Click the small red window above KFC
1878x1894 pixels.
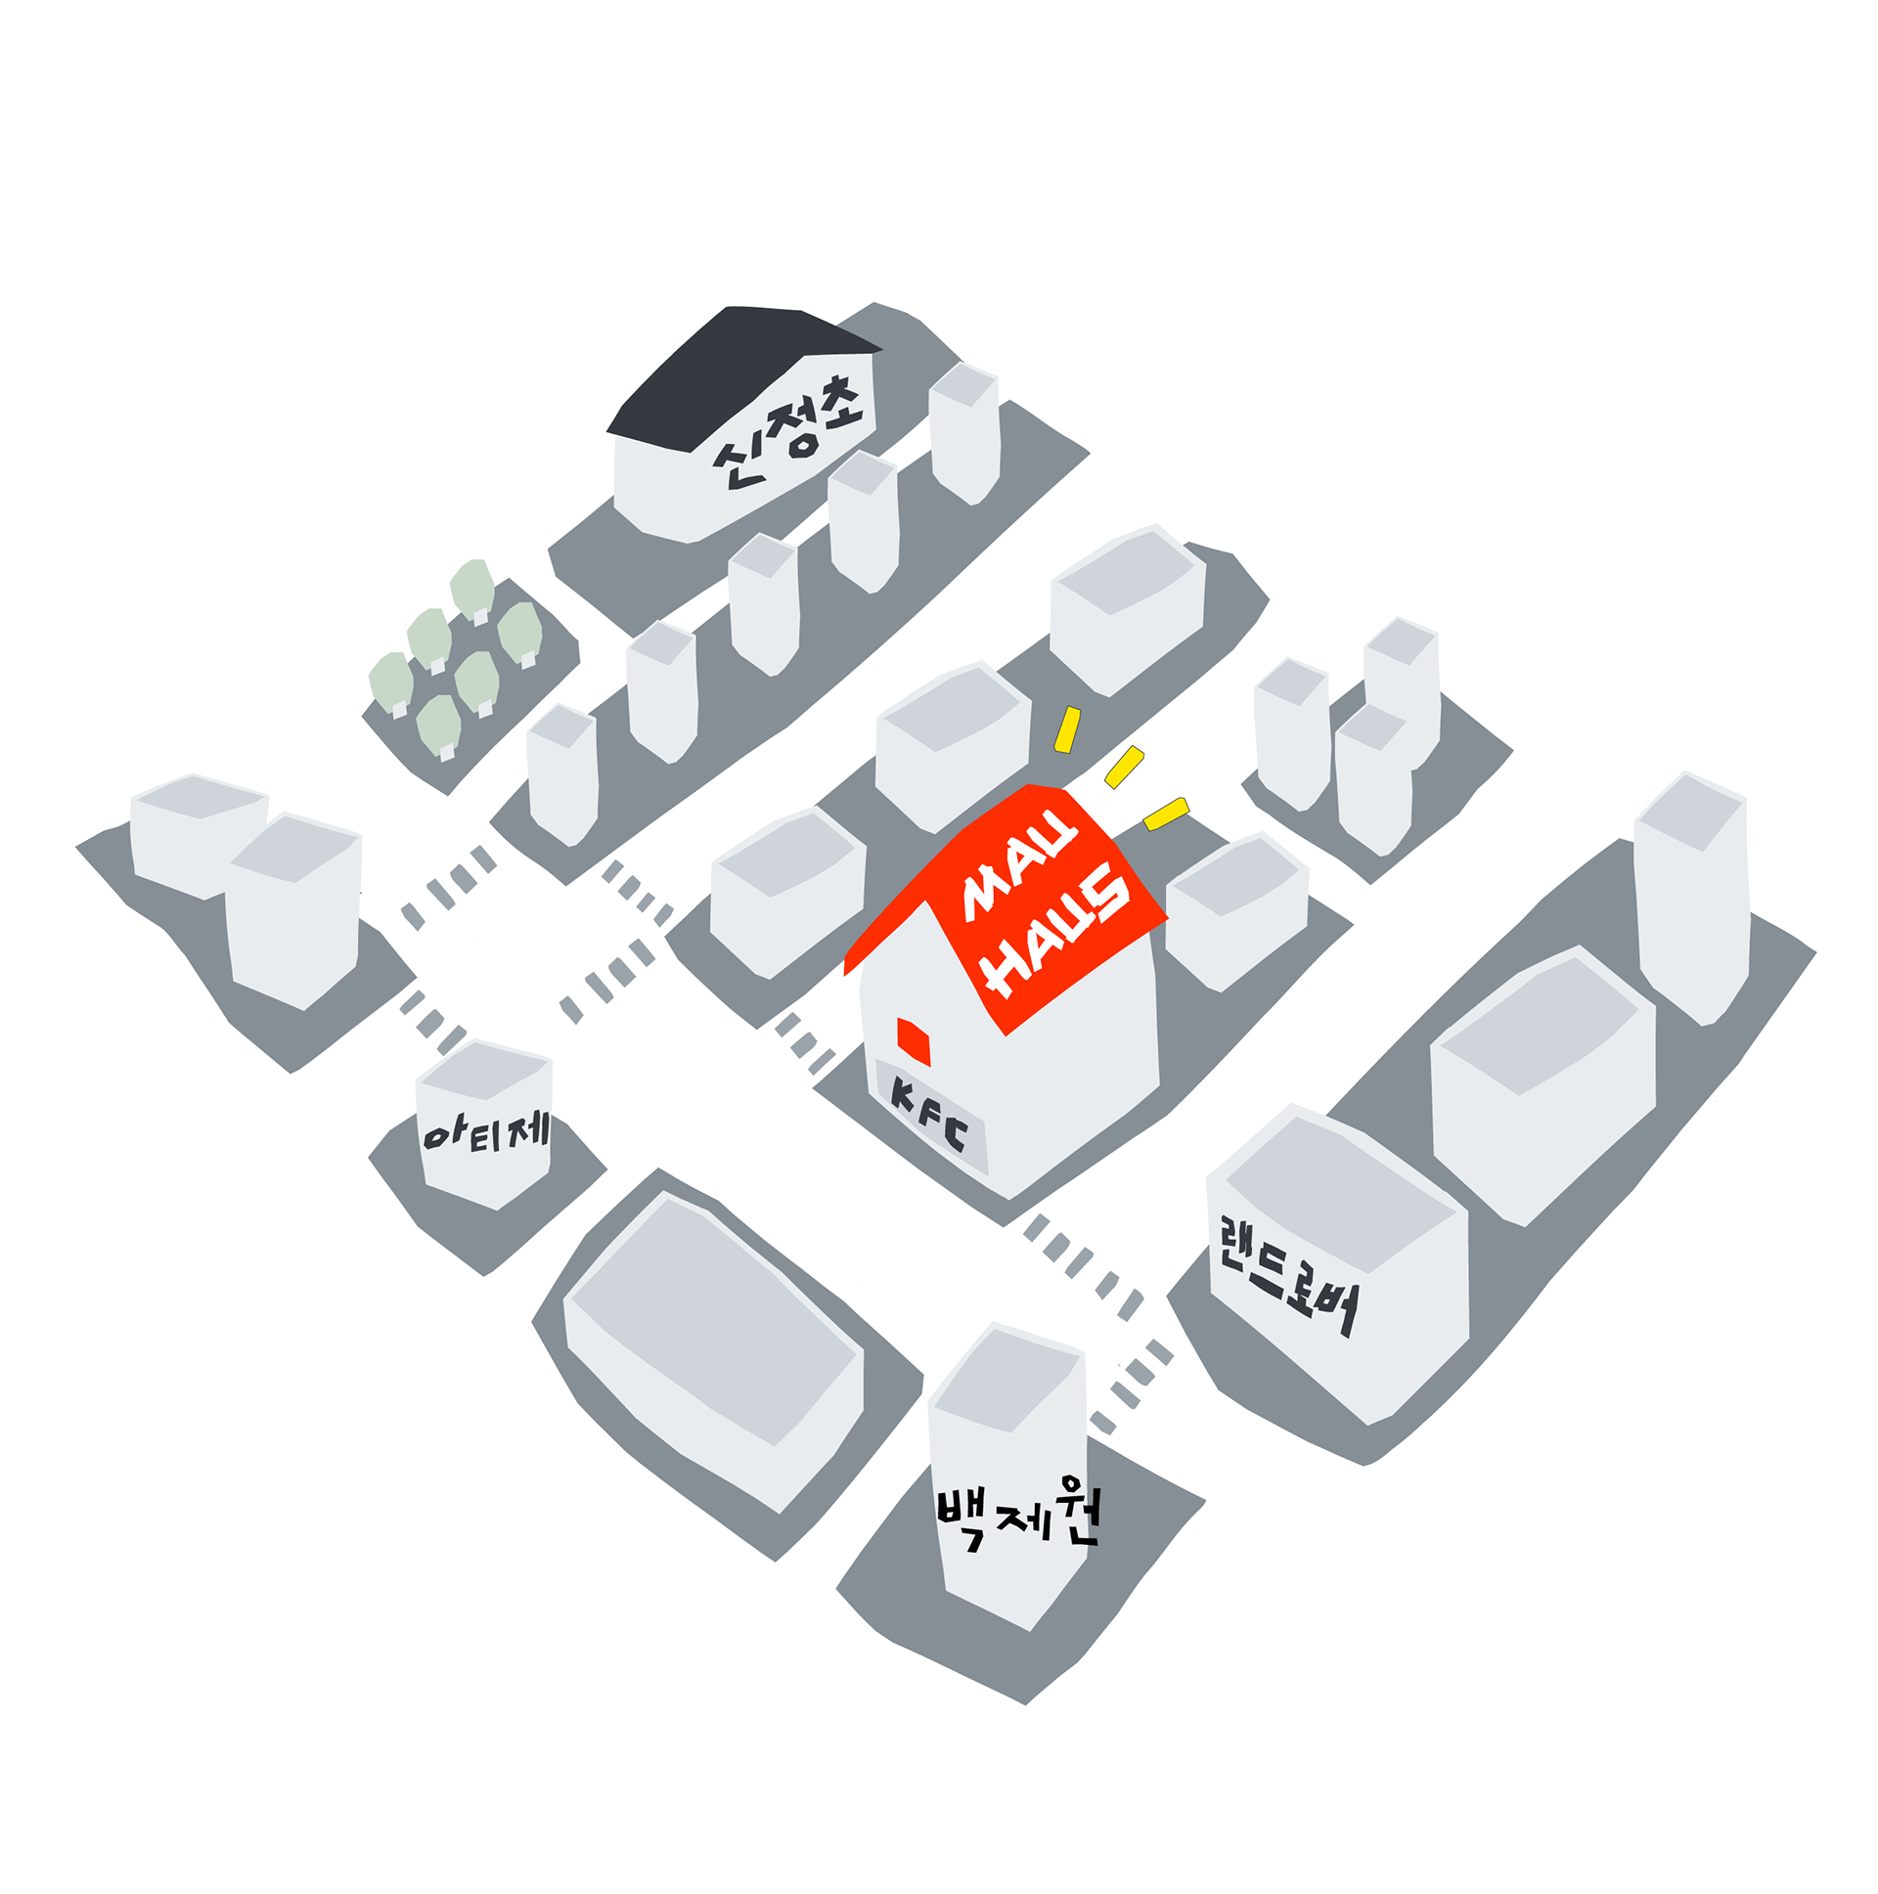tap(913, 1041)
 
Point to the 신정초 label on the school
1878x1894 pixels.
tap(788, 431)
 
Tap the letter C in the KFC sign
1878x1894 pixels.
tap(956, 1135)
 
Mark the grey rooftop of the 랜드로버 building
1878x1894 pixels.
tap(1338, 1191)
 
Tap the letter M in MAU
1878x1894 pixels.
tap(984, 896)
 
